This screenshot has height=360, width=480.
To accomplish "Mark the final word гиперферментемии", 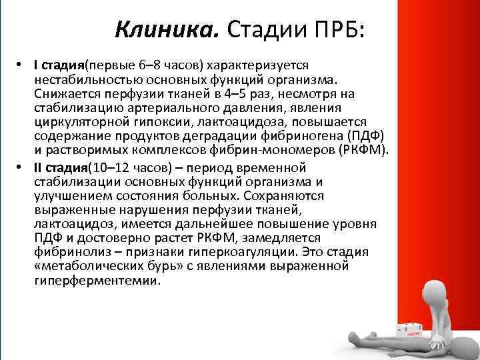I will click(96, 280).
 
